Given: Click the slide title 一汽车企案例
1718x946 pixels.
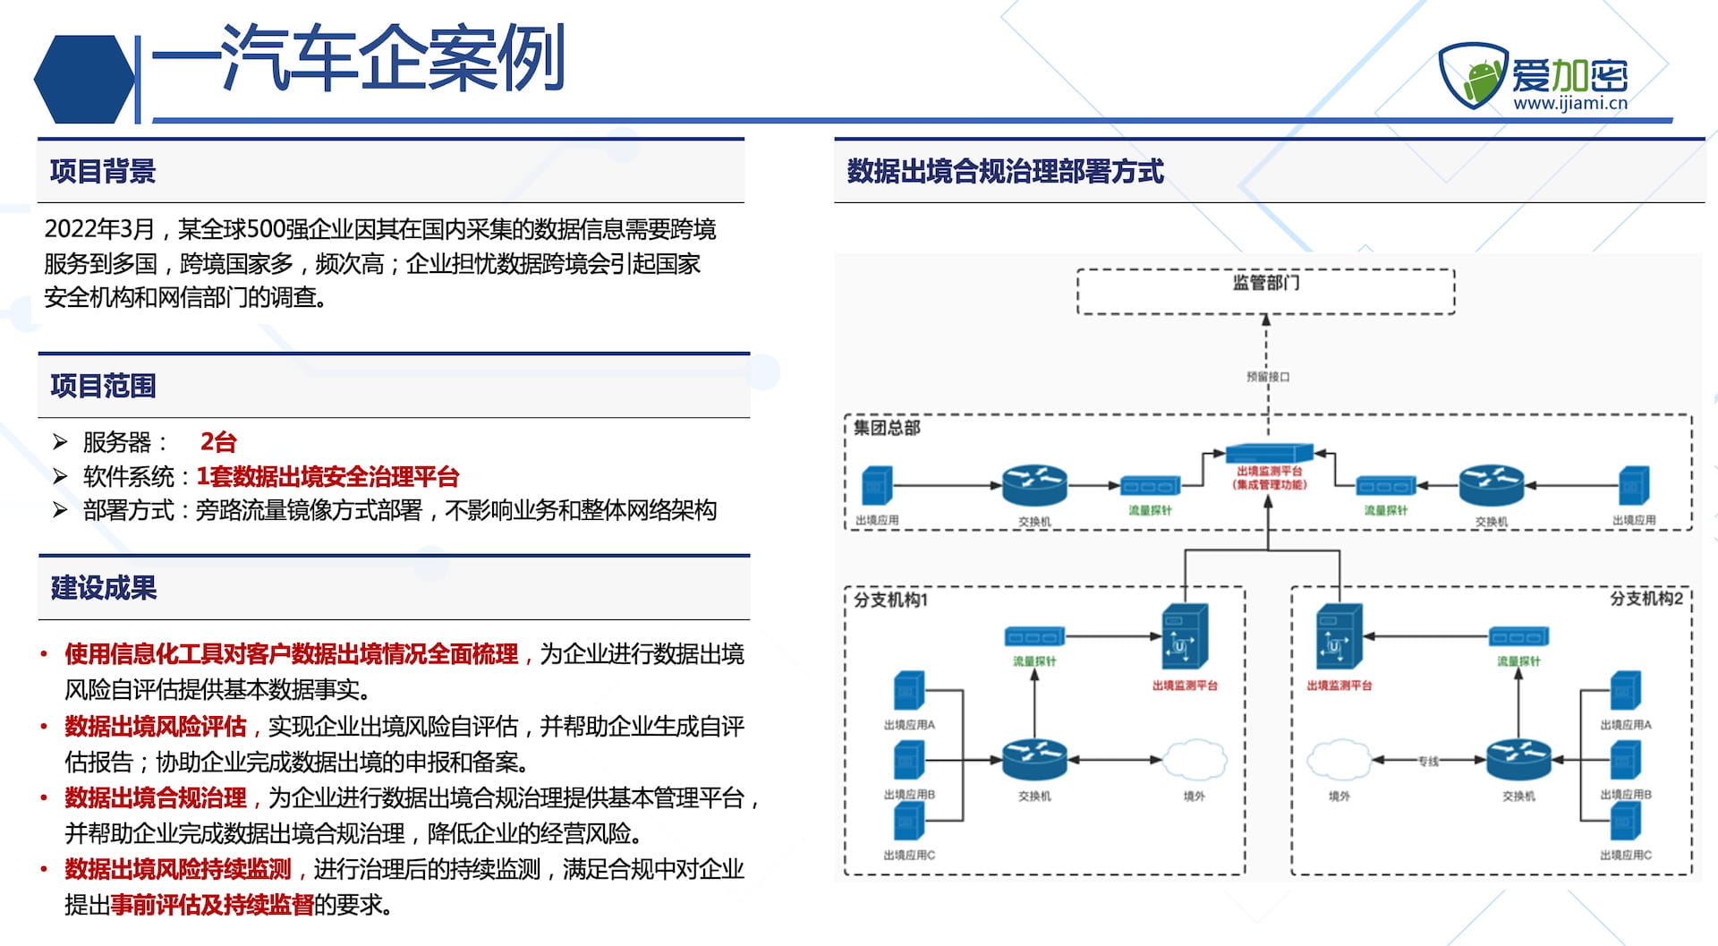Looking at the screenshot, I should click(358, 58).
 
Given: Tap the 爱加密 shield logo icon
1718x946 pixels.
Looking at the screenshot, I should click(1473, 75).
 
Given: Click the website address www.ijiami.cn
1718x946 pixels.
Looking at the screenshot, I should click(1569, 103).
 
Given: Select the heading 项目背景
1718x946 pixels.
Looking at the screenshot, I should click(103, 171).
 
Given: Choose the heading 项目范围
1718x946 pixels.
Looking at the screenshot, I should click(103, 386).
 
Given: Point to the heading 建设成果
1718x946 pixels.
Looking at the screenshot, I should click(104, 588).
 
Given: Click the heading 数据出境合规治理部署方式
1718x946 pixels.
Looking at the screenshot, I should click(1005, 171).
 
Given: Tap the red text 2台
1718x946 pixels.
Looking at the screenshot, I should click(218, 441).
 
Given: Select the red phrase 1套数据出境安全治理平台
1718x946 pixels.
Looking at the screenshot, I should click(327, 476).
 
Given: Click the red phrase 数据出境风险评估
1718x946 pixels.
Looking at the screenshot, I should click(156, 726).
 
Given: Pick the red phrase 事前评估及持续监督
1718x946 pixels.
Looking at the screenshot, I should click(212, 905).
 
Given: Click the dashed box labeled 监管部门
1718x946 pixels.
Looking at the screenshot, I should click(1265, 291).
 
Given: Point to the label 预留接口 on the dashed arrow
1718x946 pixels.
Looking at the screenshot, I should click(1268, 377).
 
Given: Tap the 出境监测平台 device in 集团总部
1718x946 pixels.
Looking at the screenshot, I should click(1269, 453).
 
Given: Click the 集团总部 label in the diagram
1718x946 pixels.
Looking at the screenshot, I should click(886, 428).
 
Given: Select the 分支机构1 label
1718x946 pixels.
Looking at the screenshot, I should click(890, 600).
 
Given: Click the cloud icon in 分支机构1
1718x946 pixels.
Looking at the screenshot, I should click(1195, 760).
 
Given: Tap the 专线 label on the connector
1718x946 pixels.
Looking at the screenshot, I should click(1428, 762).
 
